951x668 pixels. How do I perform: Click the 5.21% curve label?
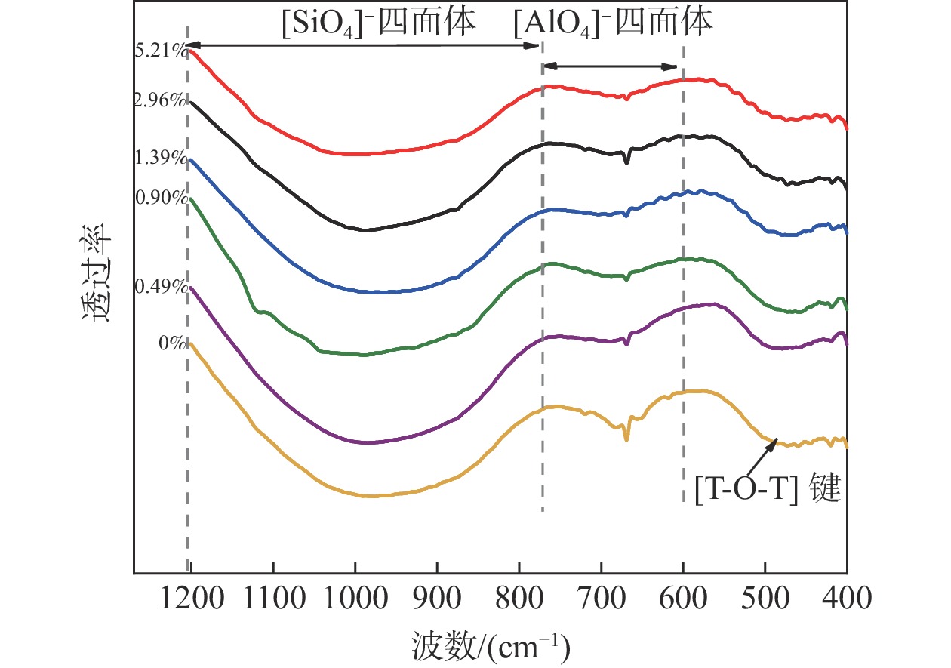point(160,52)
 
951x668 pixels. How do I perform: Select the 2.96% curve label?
point(160,100)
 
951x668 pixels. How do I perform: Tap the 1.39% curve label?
point(160,158)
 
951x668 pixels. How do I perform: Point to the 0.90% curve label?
point(160,198)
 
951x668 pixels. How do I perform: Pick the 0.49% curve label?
point(160,287)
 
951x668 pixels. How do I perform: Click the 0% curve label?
point(172,343)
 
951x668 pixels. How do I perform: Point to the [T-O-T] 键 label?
point(768,491)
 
